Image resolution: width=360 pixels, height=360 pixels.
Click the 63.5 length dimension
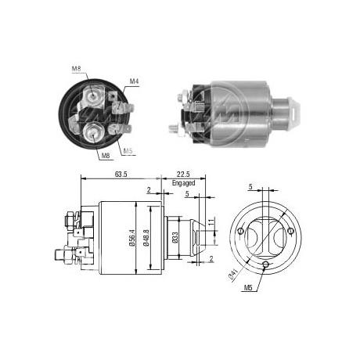tap(121, 174)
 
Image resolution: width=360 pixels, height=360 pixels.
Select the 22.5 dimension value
tap(183, 174)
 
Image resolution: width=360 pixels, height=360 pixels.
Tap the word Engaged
tap(183, 183)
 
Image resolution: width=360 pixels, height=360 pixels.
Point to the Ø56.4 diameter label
tap(132, 238)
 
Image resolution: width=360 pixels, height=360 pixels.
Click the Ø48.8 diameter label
tap(146, 238)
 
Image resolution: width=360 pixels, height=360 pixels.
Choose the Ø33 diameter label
tap(175, 238)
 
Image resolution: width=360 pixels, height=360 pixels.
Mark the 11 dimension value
tap(211, 222)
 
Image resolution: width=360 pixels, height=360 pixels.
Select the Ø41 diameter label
tap(232, 275)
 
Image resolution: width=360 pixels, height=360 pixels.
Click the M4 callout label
tap(134, 81)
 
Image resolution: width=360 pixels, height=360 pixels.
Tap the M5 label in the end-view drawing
tap(248, 287)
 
